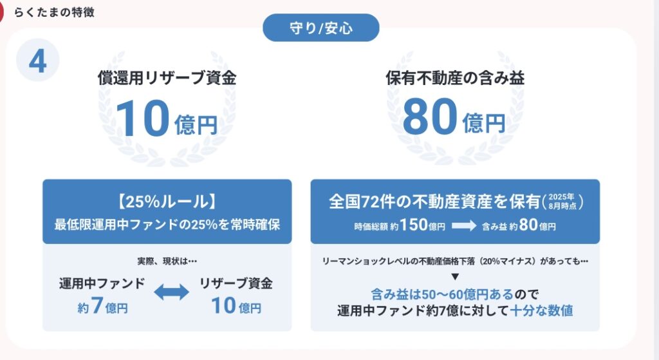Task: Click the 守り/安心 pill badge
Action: [x=321, y=28]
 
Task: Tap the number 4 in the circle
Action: [x=38, y=61]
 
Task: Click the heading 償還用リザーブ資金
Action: [x=167, y=78]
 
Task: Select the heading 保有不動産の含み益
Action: [x=455, y=78]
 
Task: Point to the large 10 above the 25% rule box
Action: [x=142, y=118]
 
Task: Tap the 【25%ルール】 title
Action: [x=167, y=202]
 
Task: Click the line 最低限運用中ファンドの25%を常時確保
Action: [x=167, y=225]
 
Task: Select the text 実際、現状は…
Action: [x=167, y=261]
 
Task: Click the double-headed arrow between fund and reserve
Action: [x=171, y=292]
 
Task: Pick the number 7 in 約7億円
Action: [x=97, y=305]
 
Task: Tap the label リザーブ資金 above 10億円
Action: [x=236, y=283]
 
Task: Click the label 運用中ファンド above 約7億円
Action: [x=102, y=283]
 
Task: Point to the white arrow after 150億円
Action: [x=464, y=226]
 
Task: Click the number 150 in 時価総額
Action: [x=414, y=225]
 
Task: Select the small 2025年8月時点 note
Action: [x=561, y=202]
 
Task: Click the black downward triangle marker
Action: [x=455, y=277]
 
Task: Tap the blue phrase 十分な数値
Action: [x=541, y=310]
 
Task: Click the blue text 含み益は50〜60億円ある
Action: [x=442, y=294]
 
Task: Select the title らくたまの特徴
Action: [x=54, y=12]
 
